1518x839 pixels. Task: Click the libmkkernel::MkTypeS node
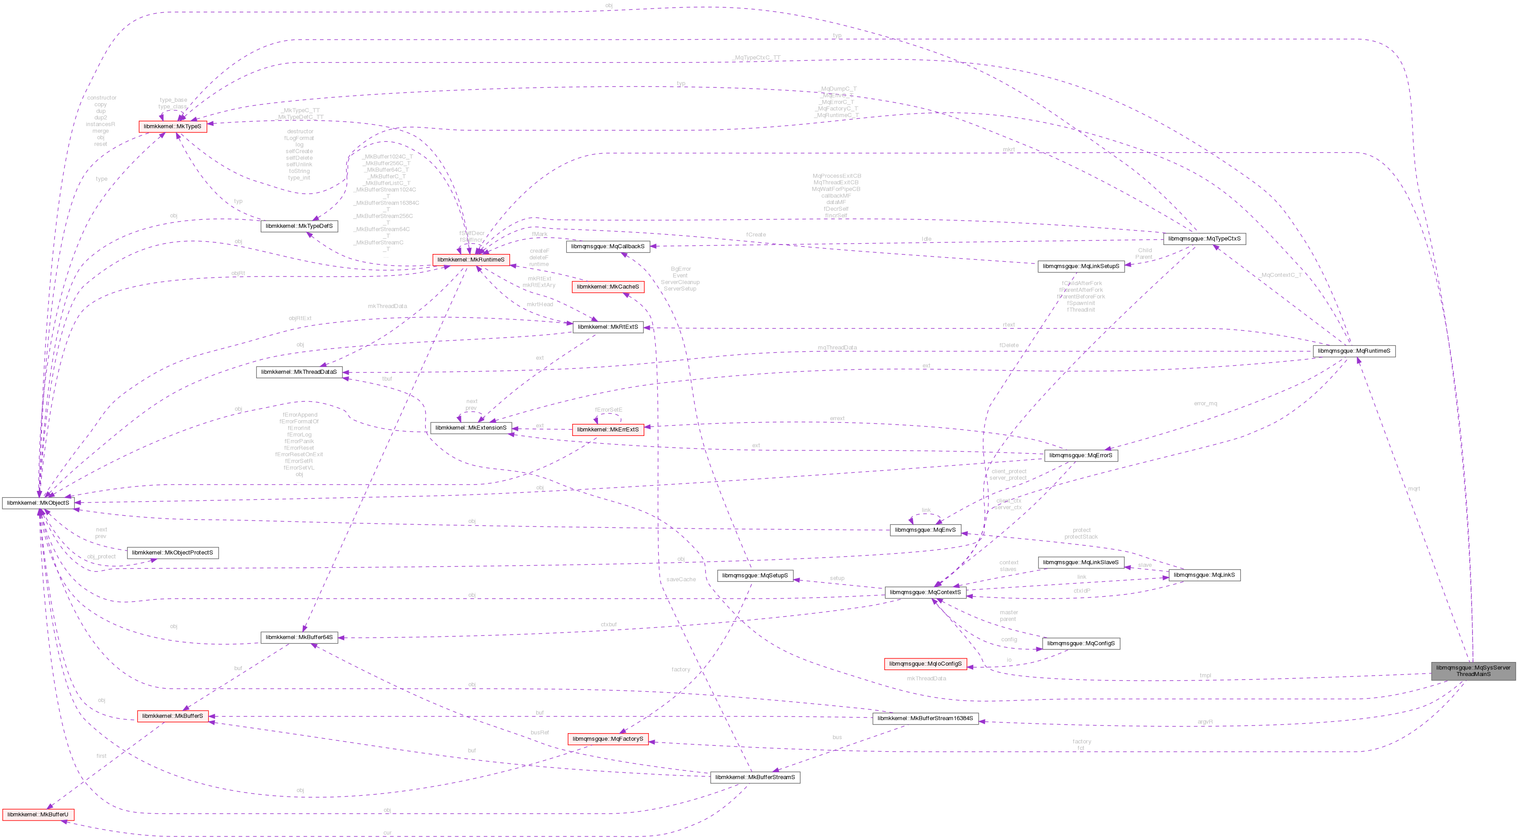click(x=172, y=127)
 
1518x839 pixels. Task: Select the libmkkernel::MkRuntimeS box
click(x=471, y=260)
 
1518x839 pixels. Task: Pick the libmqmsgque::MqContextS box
click(x=925, y=592)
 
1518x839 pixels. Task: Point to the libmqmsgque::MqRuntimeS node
click(x=1354, y=351)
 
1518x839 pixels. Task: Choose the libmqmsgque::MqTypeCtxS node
click(x=1204, y=239)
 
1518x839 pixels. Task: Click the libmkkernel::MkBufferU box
click(x=38, y=815)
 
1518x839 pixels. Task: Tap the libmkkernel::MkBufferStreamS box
click(x=755, y=777)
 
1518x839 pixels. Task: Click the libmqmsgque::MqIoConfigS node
click(x=925, y=664)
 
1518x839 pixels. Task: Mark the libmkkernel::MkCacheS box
click(x=607, y=287)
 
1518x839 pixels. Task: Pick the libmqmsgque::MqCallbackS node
click(x=607, y=246)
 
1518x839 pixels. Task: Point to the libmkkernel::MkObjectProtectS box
click(x=172, y=553)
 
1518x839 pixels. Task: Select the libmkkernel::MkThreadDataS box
click(x=299, y=372)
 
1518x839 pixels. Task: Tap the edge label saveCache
click(x=681, y=580)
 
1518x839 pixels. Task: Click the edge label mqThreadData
click(x=837, y=348)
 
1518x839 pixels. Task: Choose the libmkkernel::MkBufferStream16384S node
click(x=925, y=719)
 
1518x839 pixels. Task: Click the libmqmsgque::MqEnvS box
click(x=925, y=530)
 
